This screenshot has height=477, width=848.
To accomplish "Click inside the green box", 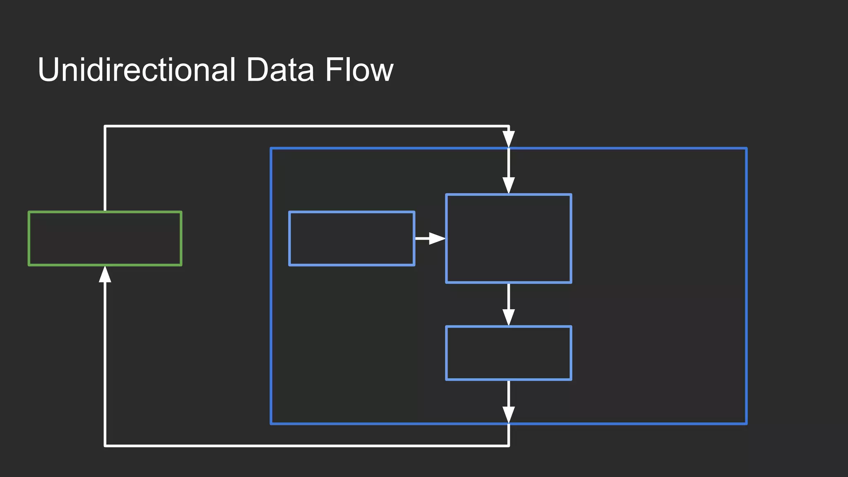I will click(x=105, y=238).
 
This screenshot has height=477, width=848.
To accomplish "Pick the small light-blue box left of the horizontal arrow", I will click(x=352, y=238).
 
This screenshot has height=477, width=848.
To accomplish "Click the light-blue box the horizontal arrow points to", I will click(x=508, y=238).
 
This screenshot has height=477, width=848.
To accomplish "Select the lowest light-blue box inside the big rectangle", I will click(x=508, y=353).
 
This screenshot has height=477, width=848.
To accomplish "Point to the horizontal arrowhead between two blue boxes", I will click(x=436, y=238).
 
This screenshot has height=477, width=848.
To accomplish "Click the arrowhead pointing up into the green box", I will click(x=105, y=275).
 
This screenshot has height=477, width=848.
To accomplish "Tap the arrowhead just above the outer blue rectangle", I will click(x=508, y=139).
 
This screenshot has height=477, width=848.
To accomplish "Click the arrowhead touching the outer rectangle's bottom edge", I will click(x=508, y=414).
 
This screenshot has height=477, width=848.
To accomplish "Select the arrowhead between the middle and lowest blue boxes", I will click(x=508, y=317).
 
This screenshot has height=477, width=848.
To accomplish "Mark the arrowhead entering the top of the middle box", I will click(x=508, y=185).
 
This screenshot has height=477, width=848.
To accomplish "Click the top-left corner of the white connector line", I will click(x=105, y=126).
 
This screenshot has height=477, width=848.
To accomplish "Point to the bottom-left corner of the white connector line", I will click(x=105, y=446).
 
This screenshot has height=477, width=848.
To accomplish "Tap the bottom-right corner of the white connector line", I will click(x=508, y=446).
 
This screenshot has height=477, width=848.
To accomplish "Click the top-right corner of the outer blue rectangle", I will click(x=746, y=148).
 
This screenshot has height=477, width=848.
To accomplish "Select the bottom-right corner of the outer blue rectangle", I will click(x=746, y=424).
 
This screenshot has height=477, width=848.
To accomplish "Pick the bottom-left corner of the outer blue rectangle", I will click(x=271, y=424).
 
